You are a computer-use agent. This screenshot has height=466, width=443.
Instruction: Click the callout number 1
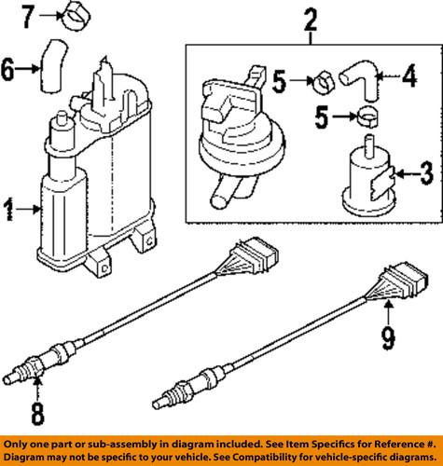pos(9,213)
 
